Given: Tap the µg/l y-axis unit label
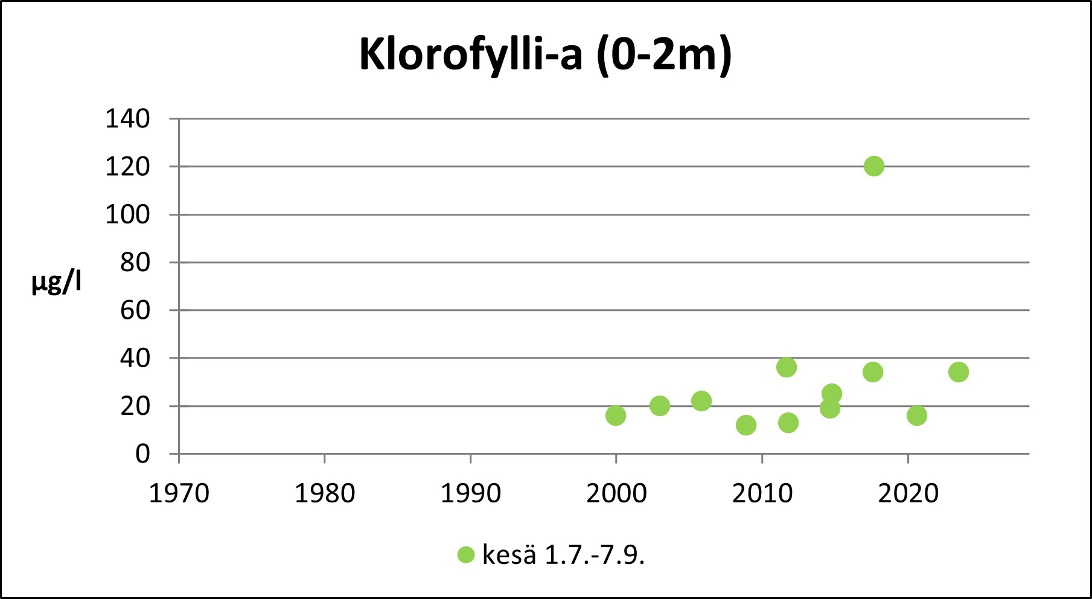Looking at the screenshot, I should [56, 282].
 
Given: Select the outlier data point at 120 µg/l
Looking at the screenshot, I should [873, 166].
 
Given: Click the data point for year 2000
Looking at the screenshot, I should [615, 415].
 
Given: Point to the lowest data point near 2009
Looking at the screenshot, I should [746, 425].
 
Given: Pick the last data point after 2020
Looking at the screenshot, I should [958, 372].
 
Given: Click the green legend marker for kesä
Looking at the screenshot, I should [466, 554].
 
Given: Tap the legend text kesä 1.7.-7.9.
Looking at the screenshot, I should [563, 554].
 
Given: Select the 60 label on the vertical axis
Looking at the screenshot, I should [135, 310].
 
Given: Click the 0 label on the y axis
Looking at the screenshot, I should [142, 453].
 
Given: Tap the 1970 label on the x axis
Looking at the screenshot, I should [179, 494].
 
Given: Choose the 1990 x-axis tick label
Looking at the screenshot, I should [470, 494].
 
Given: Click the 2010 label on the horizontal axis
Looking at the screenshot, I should [762, 494].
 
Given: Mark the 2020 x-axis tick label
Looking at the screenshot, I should [908, 494].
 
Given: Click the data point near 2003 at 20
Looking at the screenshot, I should [659, 406].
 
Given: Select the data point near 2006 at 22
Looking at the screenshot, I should [701, 401].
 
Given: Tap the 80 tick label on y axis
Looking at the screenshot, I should [135, 263].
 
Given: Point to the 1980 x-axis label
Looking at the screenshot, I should [324, 494].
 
